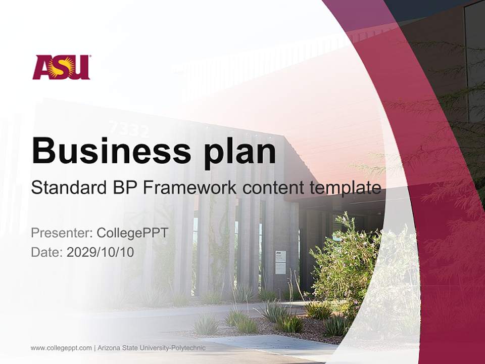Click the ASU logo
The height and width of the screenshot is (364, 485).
coord(61,67)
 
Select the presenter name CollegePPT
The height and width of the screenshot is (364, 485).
coord(132,233)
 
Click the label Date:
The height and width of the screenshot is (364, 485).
coord(47,252)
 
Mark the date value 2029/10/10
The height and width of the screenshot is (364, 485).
coord(101,252)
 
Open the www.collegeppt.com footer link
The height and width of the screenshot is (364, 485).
coord(61,348)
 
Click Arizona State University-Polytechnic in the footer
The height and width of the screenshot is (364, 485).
coord(152,348)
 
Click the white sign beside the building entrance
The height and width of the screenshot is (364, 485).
coord(280,262)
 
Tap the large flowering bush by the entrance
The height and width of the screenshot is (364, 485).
coord(344,263)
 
